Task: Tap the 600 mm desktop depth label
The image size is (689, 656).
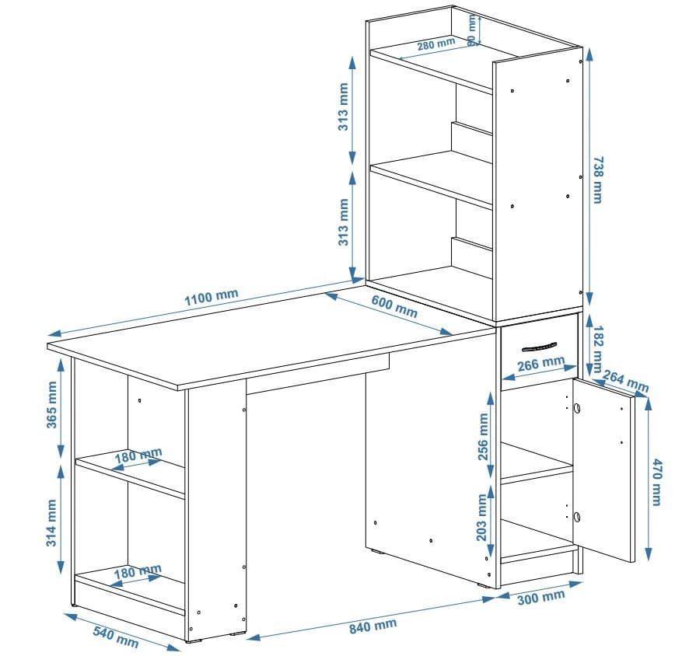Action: point(394,307)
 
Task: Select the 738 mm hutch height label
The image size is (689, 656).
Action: point(597,180)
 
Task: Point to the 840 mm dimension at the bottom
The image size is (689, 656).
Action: point(372,626)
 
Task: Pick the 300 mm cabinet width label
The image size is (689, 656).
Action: point(541,598)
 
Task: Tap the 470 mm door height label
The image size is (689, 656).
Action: point(657,482)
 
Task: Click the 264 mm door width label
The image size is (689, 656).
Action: point(626,382)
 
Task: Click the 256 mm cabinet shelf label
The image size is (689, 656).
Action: point(483,437)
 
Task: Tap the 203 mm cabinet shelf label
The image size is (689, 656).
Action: point(483,518)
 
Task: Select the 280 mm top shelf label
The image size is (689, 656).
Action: point(435,45)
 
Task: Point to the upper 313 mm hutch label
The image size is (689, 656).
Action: point(343,107)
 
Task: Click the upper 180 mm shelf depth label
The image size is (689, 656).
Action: point(139,456)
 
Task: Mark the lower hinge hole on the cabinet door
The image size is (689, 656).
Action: point(577,517)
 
